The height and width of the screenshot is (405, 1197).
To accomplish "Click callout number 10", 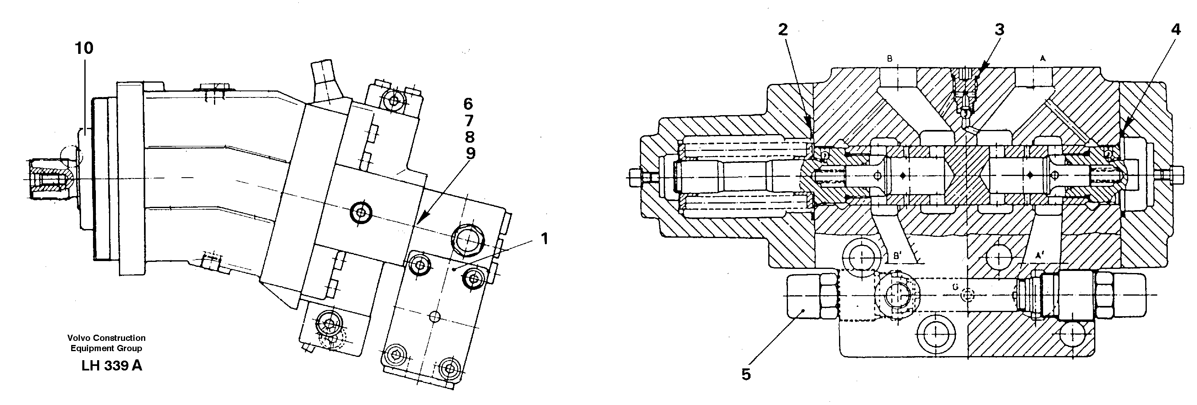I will click(x=84, y=48).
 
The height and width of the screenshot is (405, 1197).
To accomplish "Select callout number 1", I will click(x=544, y=239).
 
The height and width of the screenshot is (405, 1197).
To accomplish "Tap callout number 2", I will click(x=783, y=30).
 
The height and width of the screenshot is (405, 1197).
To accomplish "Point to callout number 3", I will click(x=999, y=30).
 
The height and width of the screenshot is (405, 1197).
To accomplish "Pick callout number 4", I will click(x=1176, y=30).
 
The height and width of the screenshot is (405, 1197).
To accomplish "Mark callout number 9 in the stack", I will click(x=470, y=153).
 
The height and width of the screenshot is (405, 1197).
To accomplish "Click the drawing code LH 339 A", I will click(x=112, y=366).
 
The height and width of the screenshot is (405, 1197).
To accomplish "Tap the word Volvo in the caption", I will click(x=78, y=338).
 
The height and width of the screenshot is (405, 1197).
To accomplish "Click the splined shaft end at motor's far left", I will click(x=49, y=179).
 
